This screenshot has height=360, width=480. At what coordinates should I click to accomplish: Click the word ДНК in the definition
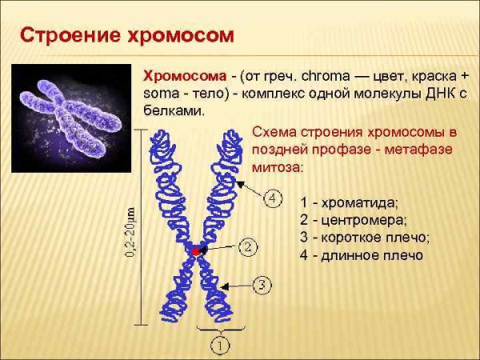point(424,94)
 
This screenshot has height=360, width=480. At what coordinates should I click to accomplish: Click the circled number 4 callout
point(273,197)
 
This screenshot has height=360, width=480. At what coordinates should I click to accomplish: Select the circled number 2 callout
point(249,247)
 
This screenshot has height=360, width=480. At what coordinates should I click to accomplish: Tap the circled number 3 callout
point(263,284)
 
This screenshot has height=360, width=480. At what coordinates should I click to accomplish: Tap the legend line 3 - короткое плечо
point(364,238)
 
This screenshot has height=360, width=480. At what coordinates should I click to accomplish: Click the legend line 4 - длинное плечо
point(361,256)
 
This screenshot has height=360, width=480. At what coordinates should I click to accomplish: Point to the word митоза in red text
point(277,167)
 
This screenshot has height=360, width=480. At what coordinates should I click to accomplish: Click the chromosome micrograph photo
point(71,118)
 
